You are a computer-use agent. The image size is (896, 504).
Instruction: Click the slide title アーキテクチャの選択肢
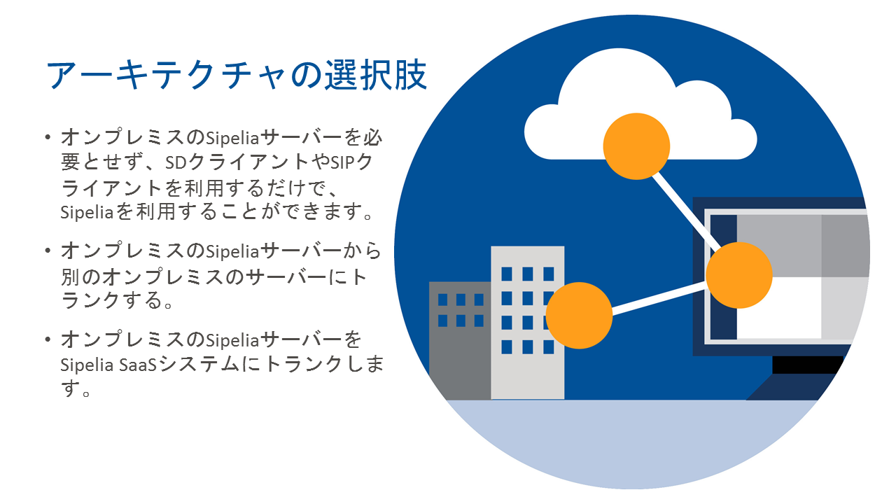click(237, 75)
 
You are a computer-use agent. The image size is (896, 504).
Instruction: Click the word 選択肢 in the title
click(376, 75)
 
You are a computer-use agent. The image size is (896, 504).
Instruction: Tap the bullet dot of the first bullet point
click(48, 137)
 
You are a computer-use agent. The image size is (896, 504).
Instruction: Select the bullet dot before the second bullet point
click(48, 251)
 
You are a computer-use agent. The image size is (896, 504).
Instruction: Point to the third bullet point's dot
click(48, 339)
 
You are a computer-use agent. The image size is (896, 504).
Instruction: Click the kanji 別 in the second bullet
click(71, 276)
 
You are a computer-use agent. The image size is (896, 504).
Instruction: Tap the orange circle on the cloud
click(636, 146)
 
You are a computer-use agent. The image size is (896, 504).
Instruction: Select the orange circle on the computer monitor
click(738, 275)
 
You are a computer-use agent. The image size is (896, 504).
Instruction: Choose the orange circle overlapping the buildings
click(579, 315)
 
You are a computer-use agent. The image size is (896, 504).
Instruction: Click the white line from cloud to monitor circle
click(687, 211)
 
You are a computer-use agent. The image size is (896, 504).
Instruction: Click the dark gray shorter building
click(460, 340)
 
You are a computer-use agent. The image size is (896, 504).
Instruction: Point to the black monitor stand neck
click(807, 365)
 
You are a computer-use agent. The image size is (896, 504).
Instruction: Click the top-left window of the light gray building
click(507, 274)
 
